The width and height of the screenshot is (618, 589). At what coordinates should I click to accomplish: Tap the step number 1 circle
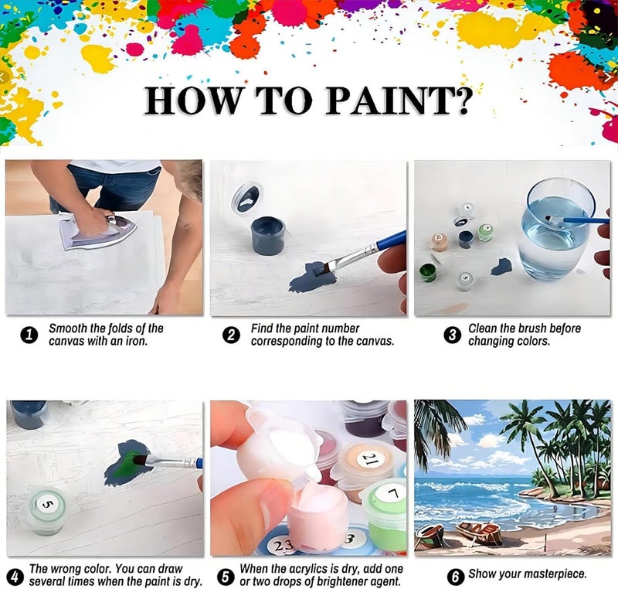[x=29, y=335]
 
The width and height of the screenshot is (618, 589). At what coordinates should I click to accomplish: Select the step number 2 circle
[x=231, y=335]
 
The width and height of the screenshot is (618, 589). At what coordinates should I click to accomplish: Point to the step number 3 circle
[x=453, y=335]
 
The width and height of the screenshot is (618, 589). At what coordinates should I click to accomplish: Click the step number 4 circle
[x=14, y=577]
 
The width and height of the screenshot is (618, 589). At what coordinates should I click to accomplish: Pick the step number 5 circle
[x=226, y=577]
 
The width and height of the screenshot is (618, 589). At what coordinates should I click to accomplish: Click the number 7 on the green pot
[x=392, y=492]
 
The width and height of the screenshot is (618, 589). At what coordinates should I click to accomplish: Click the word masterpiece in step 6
[x=552, y=574]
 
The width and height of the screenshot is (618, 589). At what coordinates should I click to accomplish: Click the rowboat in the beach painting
[x=478, y=532]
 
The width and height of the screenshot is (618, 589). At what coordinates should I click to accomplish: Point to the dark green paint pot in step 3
[x=428, y=271]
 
